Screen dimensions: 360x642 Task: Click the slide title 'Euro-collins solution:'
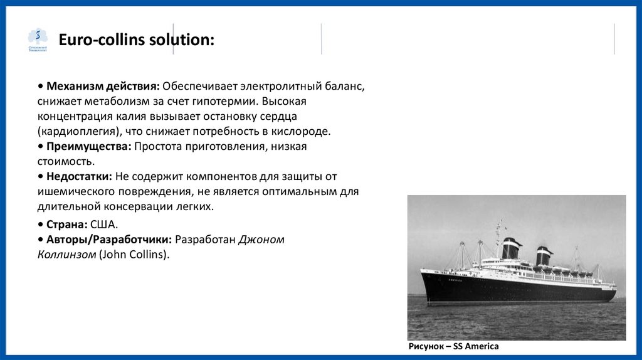point(136,40)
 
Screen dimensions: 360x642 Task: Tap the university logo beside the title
point(38,40)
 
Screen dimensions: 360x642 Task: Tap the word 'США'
point(103,224)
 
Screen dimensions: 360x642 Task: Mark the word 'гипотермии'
point(225,100)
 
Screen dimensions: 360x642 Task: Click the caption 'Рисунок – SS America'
point(453,346)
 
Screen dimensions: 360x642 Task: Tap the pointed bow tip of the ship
point(421,271)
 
